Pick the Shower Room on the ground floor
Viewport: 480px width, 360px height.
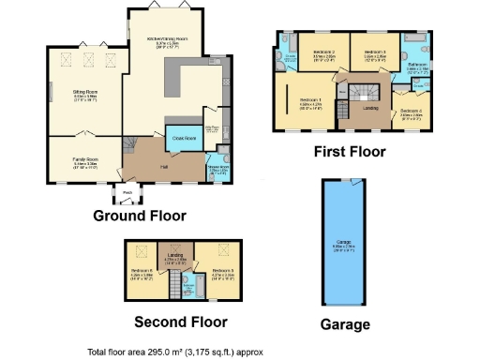[x=217, y=168]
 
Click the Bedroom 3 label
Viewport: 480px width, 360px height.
[x=375, y=52]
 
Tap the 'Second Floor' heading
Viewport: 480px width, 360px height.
[x=180, y=322]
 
